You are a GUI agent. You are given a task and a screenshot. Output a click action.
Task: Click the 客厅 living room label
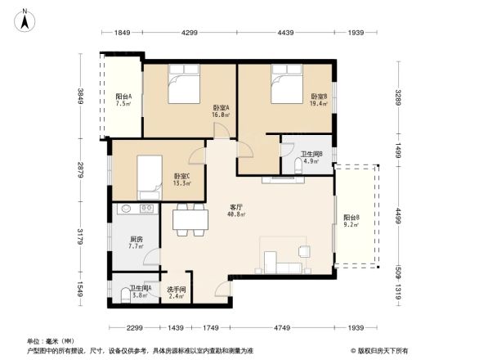237,210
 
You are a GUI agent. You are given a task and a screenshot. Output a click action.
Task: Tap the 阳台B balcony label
352,218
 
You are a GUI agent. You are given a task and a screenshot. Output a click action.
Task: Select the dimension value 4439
285,33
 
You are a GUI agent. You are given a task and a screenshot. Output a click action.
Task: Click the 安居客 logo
381,349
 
